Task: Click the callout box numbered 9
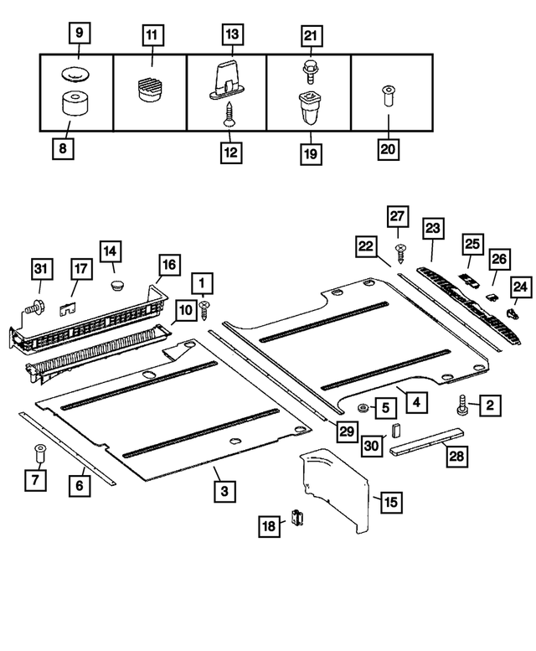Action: pos(80,34)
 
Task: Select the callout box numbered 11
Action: pos(152,34)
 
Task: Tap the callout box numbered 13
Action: pos(232,34)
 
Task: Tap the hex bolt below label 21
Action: pos(310,71)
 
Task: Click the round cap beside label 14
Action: pos(117,285)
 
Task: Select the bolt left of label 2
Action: pos(462,406)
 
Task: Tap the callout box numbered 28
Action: pos(456,457)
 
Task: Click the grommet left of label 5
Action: pos(363,408)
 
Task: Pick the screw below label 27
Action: pos(399,250)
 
